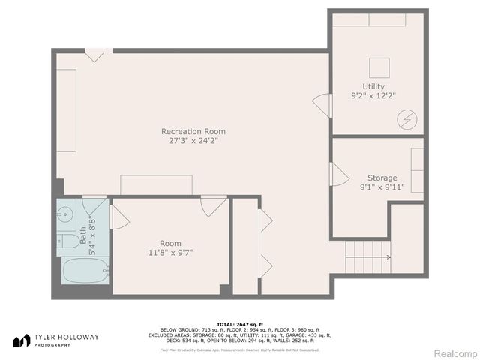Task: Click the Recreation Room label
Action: [x=193, y=131]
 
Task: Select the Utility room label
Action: [x=373, y=86]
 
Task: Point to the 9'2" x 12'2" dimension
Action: [x=373, y=96]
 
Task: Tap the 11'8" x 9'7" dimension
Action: [x=169, y=253]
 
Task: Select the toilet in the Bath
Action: [x=67, y=241]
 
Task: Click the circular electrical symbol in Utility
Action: [x=407, y=119]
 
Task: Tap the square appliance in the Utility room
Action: [x=379, y=68]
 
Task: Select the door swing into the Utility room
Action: [x=322, y=105]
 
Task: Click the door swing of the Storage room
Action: [x=338, y=175]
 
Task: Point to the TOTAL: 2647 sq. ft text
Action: [x=239, y=322]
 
